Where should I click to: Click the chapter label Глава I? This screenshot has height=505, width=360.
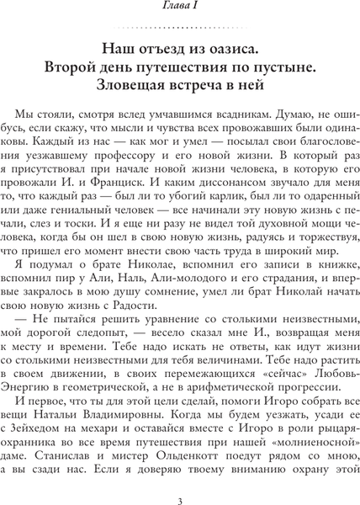(x=179, y=8)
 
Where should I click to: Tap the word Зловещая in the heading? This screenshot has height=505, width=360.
(x=146, y=85)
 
